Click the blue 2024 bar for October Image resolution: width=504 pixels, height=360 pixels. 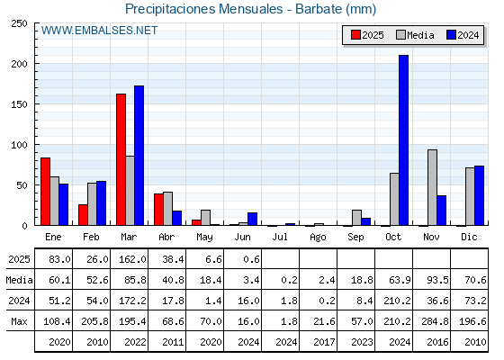[404, 140]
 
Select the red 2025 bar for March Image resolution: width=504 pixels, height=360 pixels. [121, 159]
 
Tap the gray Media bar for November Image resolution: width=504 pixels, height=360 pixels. [432, 187]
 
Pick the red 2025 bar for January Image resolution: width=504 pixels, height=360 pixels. [46, 192]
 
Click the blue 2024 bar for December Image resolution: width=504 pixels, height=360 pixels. [479, 195]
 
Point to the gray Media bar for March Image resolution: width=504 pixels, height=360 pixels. [130, 191]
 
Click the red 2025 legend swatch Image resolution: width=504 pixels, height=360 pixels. [355, 35]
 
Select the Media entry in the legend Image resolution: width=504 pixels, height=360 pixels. [415, 35]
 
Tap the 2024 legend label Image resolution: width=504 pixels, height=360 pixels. [468, 35]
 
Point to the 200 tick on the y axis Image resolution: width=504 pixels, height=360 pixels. [19, 64]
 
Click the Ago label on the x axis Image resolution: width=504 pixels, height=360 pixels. [318, 238]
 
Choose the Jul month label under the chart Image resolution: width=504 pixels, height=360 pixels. [280, 237]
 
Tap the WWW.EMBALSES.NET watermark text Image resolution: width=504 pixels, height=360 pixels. [100, 31]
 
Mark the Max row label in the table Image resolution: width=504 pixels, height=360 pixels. [19, 321]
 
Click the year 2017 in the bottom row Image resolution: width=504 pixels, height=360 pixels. [324, 342]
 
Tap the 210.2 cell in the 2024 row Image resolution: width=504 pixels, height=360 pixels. [397, 301]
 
